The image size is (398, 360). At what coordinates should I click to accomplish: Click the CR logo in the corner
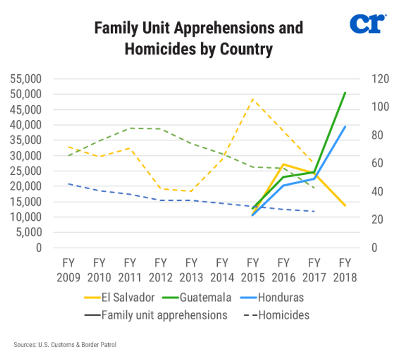click(x=367, y=24)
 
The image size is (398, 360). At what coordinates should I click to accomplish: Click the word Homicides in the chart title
click(x=153, y=49)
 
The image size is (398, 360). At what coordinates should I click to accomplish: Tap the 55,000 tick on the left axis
click(x=25, y=79)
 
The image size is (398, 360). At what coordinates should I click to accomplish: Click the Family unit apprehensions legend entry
click(x=156, y=315)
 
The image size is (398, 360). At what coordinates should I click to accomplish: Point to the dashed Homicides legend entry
click(x=276, y=315)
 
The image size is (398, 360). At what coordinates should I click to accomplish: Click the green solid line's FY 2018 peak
click(x=345, y=93)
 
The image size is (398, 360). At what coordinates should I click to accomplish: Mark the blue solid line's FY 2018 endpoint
click(x=345, y=127)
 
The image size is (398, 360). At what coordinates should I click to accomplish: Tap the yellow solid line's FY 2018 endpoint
click(x=345, y=206)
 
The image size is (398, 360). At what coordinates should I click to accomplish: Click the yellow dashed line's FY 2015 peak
click(x=253, y=99)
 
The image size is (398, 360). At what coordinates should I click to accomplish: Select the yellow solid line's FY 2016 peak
click(x=283, y=164)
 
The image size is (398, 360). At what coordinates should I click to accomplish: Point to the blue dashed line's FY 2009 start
click(x=68, y=184)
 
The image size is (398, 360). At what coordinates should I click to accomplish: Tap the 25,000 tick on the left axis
click(x=25, y=171)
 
